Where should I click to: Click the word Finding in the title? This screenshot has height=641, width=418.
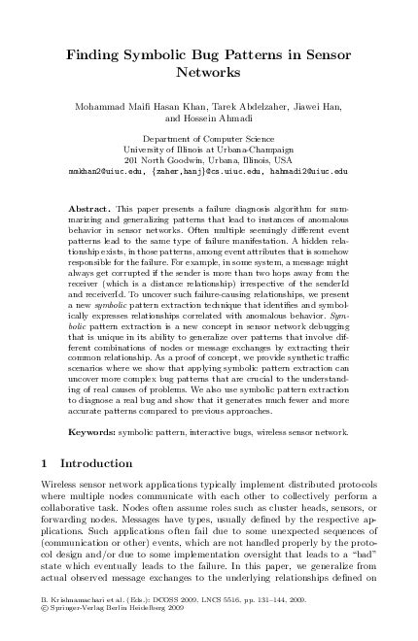point(94,56)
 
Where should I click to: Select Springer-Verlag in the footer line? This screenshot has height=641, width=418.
point(76,624)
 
